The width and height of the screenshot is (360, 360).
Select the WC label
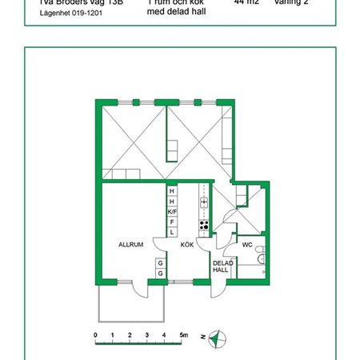pyautogui.click(x=247, y=244)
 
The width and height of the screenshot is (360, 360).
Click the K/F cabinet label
pyautogui.click(x=172, y=211)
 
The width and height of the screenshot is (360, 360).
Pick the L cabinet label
pyautogui.click(x=172, y=231)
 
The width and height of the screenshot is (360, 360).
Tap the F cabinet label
pyautogui.click(x=172, y=221)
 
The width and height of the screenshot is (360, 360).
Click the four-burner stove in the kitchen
pyautogui.click(x=204, y=225)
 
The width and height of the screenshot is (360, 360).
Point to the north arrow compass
pyautogui.click(x=218, y=338)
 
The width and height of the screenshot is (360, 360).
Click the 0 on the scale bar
pyautogui.click(x=95, y=334)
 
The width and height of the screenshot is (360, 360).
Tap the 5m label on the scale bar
pyautogui.click(x=183, y=334)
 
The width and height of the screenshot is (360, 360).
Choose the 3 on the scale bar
pyautogui.click(x=147, y=334)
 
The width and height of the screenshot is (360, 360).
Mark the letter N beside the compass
pyautogui.click(x=203, y=337)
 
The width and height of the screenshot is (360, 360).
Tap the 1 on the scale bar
pyautogui.click(x=113, y=334)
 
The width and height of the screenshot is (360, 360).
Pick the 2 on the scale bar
pyautogui.click(x=130, y=334)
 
